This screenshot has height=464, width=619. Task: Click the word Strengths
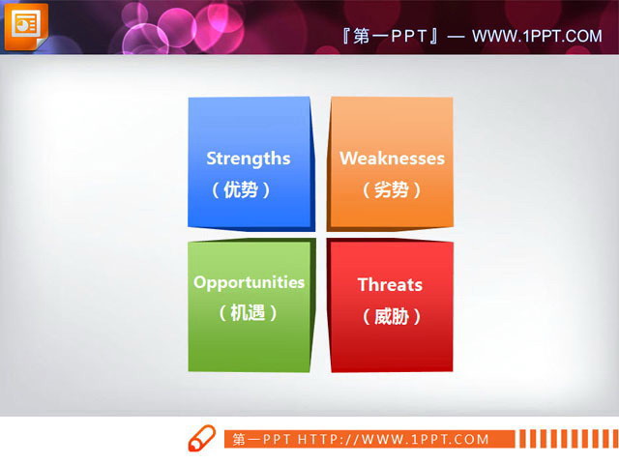248,159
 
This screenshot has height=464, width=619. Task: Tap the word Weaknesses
392,159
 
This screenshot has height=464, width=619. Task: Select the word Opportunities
249,282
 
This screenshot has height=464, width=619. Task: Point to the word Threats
390,284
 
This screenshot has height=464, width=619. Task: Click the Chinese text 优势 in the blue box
241,189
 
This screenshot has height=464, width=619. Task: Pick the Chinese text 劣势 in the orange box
392,189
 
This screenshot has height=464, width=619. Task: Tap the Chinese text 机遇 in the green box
249,313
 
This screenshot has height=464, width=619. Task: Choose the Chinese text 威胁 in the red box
392,316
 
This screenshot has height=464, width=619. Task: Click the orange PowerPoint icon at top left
25,26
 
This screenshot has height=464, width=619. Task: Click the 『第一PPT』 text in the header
386,37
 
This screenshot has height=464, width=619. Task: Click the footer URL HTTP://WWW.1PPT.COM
407,440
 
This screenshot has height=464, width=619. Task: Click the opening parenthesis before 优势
216,190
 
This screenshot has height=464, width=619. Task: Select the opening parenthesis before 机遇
222,314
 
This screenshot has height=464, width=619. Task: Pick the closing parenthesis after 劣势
418,190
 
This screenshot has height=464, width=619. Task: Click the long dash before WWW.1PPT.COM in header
457,37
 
